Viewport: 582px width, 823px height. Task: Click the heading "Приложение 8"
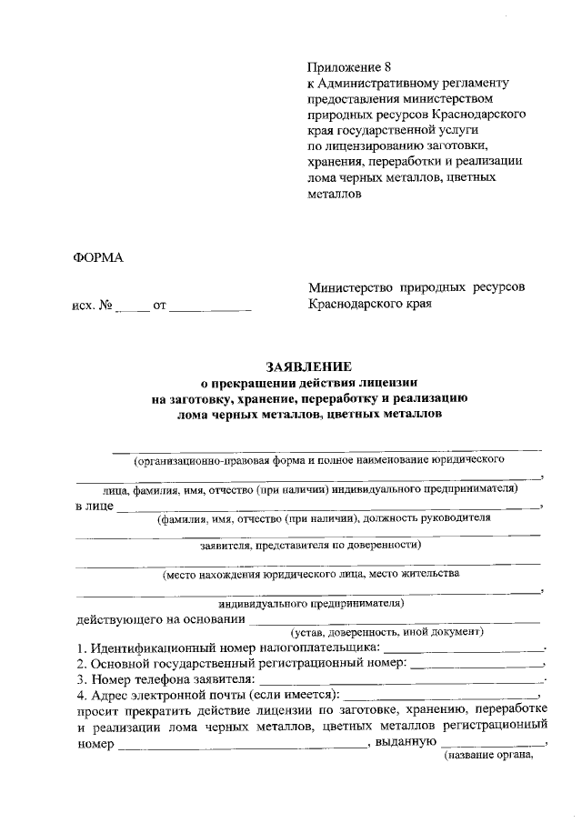pyautogui.click(x=348, y=67)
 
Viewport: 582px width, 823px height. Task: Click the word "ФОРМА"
pyautogui.click(x=97, y=258)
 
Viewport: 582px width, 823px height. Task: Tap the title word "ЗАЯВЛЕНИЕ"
pyautogui.click(x=308, y=366)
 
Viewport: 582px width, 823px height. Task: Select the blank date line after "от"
pyautogui.click(x=210, y=310)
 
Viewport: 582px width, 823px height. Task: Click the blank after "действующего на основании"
pyautogui.click(x=395, y=621)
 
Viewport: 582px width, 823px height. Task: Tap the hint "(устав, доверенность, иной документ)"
pyautogui.click(x=386, y=632)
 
